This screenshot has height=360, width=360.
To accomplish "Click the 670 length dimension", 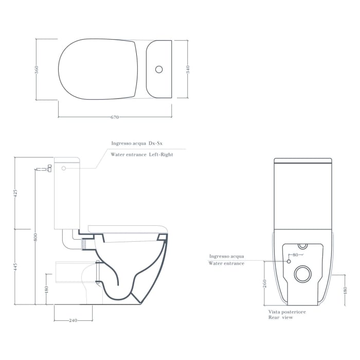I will (x=115, y=117).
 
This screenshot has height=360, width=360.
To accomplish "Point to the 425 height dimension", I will (x=15, y=193).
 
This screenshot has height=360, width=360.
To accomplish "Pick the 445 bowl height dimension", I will (x=15, y=266).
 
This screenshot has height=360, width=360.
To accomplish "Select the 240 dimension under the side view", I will (x=73, y=320).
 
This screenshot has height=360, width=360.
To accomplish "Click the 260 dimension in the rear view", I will (x=264, y=284).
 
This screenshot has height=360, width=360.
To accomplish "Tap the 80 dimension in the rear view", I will (x=296, y=255).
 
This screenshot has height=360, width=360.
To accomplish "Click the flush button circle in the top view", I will (x=159, y=68).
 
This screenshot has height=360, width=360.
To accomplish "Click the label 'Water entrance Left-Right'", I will (x=142, y=154).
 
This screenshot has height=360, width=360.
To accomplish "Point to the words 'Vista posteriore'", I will (x=287, y=312).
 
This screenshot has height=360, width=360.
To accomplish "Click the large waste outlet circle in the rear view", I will (x=303, y=274).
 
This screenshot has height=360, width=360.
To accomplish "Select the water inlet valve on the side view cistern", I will (x=48, y=168).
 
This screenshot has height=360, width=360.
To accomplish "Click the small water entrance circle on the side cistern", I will (x=64, y=168).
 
